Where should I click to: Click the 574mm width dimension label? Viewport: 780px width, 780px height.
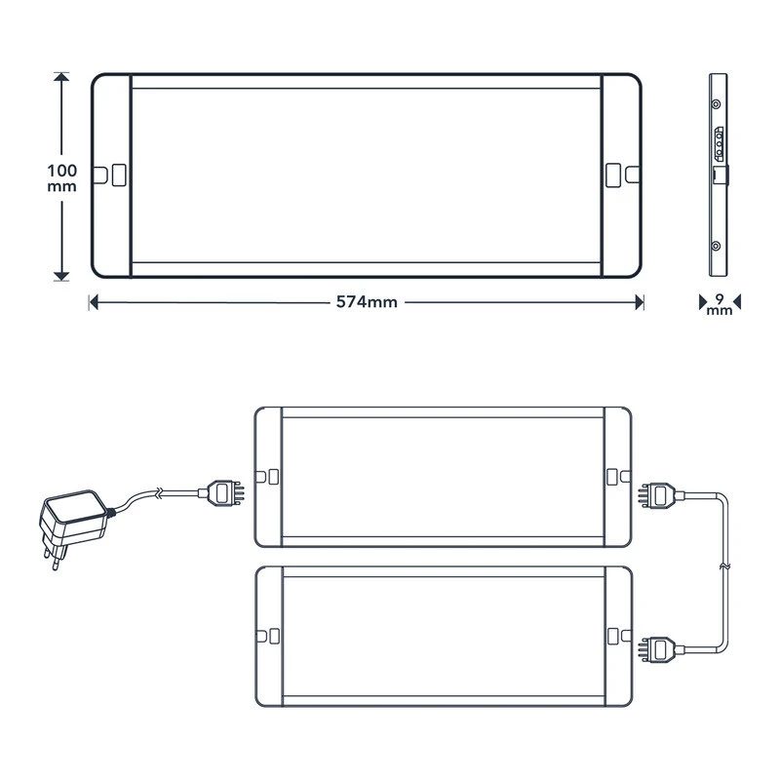367,302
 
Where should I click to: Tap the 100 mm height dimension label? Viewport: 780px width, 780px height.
62,177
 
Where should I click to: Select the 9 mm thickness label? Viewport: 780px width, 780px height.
719,304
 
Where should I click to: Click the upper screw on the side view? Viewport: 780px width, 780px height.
717,102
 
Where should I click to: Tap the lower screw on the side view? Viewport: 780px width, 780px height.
717,247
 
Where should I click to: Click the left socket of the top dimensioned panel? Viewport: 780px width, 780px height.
118,175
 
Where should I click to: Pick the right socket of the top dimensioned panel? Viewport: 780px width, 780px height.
613,175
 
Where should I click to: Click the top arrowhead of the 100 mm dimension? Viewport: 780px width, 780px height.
62,77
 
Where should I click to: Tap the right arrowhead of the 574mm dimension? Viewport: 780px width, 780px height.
639,302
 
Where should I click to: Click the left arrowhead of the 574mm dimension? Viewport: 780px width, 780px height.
94,302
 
